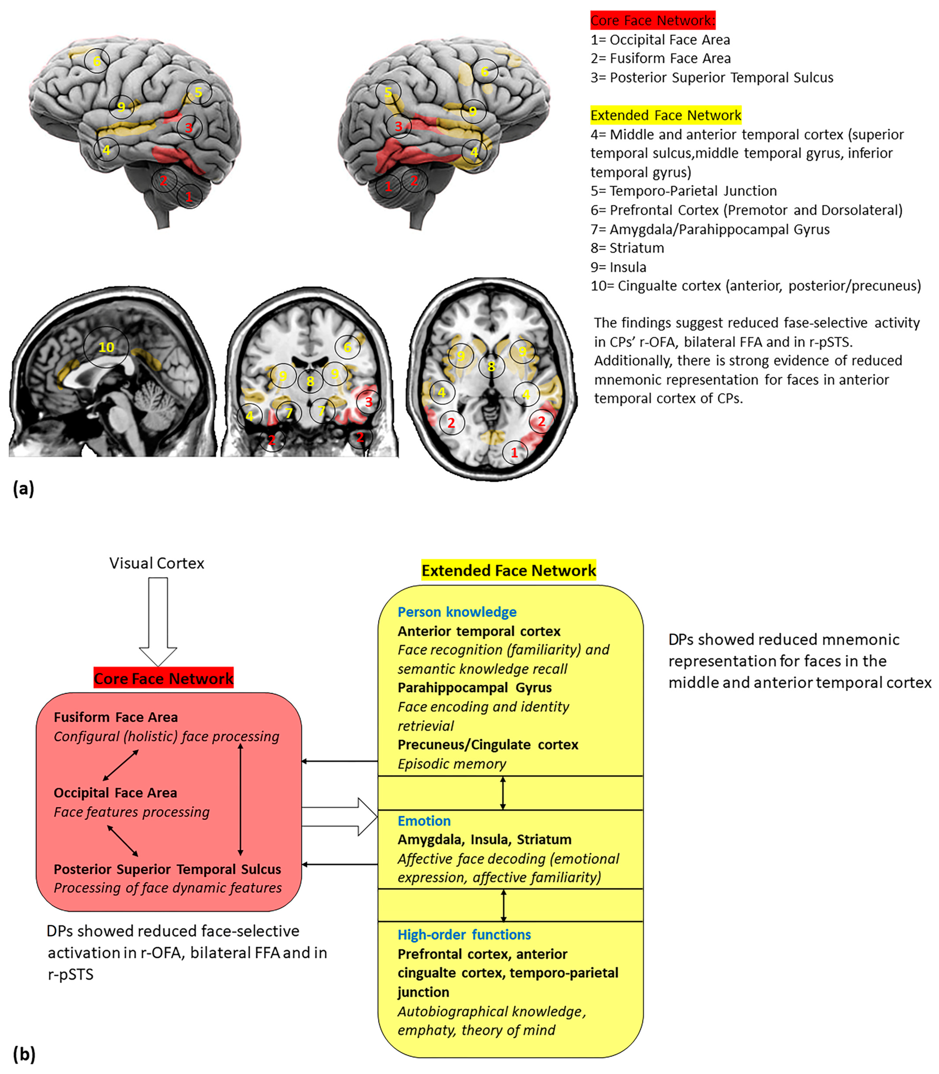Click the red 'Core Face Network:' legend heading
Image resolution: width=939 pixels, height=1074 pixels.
652,20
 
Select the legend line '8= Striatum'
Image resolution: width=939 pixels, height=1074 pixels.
627,248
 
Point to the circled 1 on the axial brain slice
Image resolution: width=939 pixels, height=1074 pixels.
515,452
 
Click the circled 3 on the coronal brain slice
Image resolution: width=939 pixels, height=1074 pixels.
369,402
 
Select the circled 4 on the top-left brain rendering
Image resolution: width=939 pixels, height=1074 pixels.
106,150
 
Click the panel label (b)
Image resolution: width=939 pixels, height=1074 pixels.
24,1054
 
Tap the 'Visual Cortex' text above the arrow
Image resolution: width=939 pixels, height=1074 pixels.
157,563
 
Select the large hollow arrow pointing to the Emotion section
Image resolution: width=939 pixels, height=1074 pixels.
340,817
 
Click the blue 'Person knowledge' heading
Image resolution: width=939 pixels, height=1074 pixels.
457,612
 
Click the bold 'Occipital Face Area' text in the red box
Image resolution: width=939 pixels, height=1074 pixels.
115,793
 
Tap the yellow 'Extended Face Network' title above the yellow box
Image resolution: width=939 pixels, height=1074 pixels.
508,570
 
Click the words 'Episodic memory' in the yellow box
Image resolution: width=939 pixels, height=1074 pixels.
452,764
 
